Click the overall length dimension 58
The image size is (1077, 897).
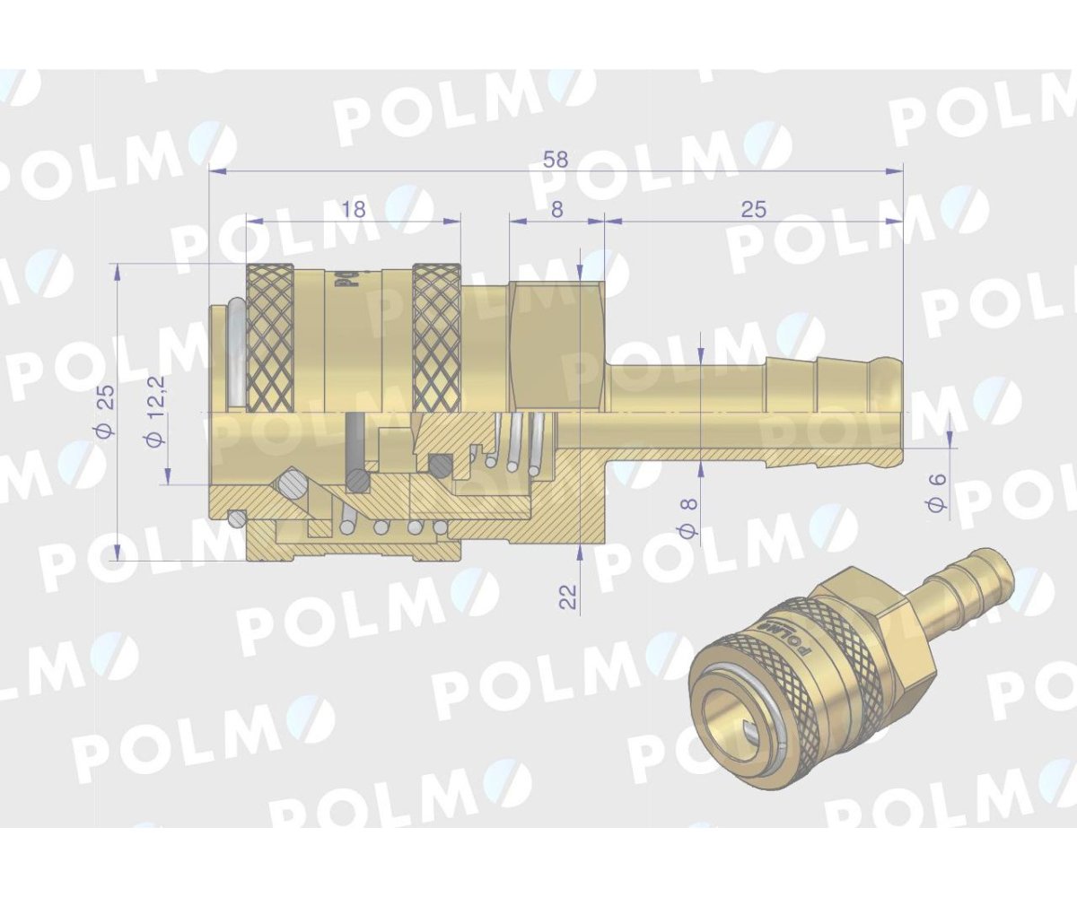[556, 160]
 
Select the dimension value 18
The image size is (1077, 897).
[355, 209]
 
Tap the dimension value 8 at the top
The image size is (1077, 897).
[556, 209]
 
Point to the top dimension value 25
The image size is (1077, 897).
[754, 209]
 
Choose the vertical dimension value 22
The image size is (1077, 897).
[568, 595]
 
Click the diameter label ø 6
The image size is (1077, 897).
[937, 493]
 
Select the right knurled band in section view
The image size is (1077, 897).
[436, 337]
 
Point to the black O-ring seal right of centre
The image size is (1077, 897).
[440, 464]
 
